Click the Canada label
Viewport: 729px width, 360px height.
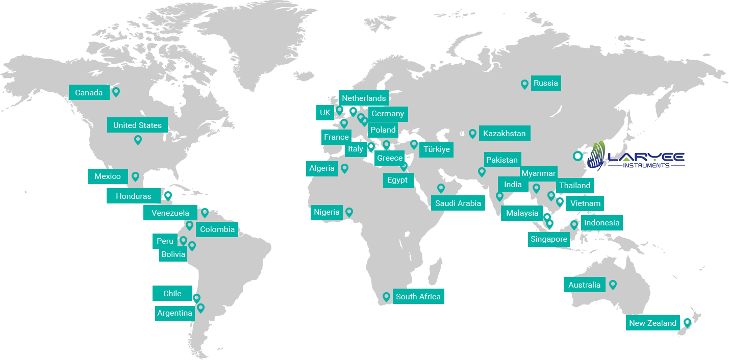pyautogui.click(x=89, y=92)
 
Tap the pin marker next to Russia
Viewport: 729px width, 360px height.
pyautogui.click(x=524, y=84)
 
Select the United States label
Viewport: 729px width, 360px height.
pyautogui.click(x=137, y=125)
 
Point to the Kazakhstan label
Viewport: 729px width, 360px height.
pyautogui.click(x=504, y=134)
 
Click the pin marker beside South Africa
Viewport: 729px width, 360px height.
pyautogui.click(x=386, y=296)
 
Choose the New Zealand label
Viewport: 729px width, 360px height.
pyautogui.click(x=652, y=323)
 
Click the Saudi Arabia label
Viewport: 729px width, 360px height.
pyautogui.click(x=458, y=203)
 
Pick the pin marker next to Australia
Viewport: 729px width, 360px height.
pyautogui.click(x=613, y=285)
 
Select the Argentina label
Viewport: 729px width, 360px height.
pyautogui.click(x=174, y=313)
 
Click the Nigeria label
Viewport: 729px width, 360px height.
pyautogui.click(x=326, y=212)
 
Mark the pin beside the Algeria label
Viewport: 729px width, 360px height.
pyautogui.click(x=345, y=168)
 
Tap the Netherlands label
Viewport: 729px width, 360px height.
pyautogui.click(x=364, y=98)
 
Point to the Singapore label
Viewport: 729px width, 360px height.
pyautogui.click(x=548, y=239)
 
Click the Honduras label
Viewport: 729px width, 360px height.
pyautogui.click(x=133, y=196)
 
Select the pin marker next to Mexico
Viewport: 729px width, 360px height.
pyautogui.click(x=135, y=176)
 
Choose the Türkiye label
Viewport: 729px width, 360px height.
pyautogui.click(x=436, y=149)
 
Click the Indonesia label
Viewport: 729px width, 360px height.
pyautogui.click(x=601, y=223)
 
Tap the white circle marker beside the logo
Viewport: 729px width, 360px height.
pyautogui.click(x=577, y=156)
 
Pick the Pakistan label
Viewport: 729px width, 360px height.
pyautogui.click(x=501, y=160)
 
